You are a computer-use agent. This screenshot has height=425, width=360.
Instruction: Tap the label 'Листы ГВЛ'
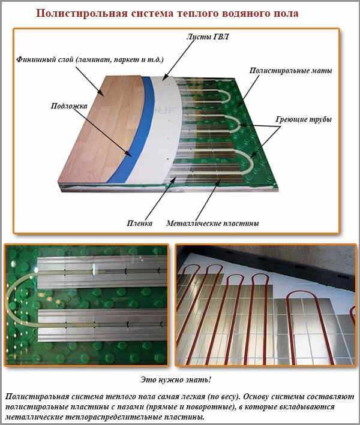click(208, 37)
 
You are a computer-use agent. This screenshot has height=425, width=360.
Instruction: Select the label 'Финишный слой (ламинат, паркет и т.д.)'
click(90, 59)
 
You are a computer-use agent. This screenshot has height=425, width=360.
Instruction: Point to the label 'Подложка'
click(69, 106)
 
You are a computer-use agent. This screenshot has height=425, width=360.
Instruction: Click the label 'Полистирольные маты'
click(290, 71)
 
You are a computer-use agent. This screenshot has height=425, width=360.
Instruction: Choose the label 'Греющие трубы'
click(304, 119)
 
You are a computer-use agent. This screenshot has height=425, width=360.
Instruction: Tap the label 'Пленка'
click(139, 223)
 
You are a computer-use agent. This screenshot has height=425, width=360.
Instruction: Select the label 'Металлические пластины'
click(212, 223)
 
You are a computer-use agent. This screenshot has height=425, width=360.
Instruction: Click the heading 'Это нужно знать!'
click(176, 379)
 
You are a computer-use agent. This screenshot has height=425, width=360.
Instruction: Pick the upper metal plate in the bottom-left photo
click(102, 272)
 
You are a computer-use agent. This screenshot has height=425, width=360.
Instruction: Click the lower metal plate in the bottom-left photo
click(102, 325)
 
